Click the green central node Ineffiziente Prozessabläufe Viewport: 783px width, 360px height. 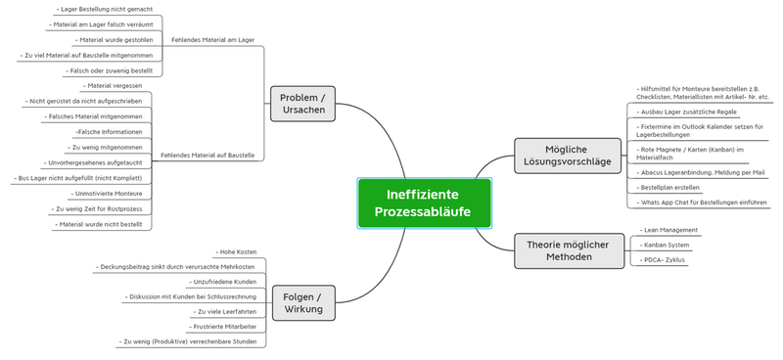tap(425, 203)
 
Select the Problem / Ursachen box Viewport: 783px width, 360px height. tap(303, 104)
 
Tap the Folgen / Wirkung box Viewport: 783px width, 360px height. tap(303, 303)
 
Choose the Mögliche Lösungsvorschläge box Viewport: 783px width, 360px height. tap(568, 156)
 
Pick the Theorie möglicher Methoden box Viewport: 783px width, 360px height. tap(570, 251)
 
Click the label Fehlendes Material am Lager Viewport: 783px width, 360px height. tap(212, 40)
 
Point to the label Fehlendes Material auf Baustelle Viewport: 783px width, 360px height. tap(207, 156)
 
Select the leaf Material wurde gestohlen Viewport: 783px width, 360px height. tap(114, 40)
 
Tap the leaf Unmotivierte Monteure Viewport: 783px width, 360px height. tap(107, 194)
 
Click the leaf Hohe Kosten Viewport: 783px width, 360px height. tap(236, 252)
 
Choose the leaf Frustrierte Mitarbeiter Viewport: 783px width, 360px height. tap(223, 327)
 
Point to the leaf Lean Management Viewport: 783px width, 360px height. tap(668, 230)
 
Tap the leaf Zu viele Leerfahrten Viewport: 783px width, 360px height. tap(225, 311)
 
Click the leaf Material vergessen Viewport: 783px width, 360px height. tap(113, 86)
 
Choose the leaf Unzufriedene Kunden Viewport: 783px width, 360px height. tap(223, 282)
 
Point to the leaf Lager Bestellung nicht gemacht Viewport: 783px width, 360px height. tap(105, 9)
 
